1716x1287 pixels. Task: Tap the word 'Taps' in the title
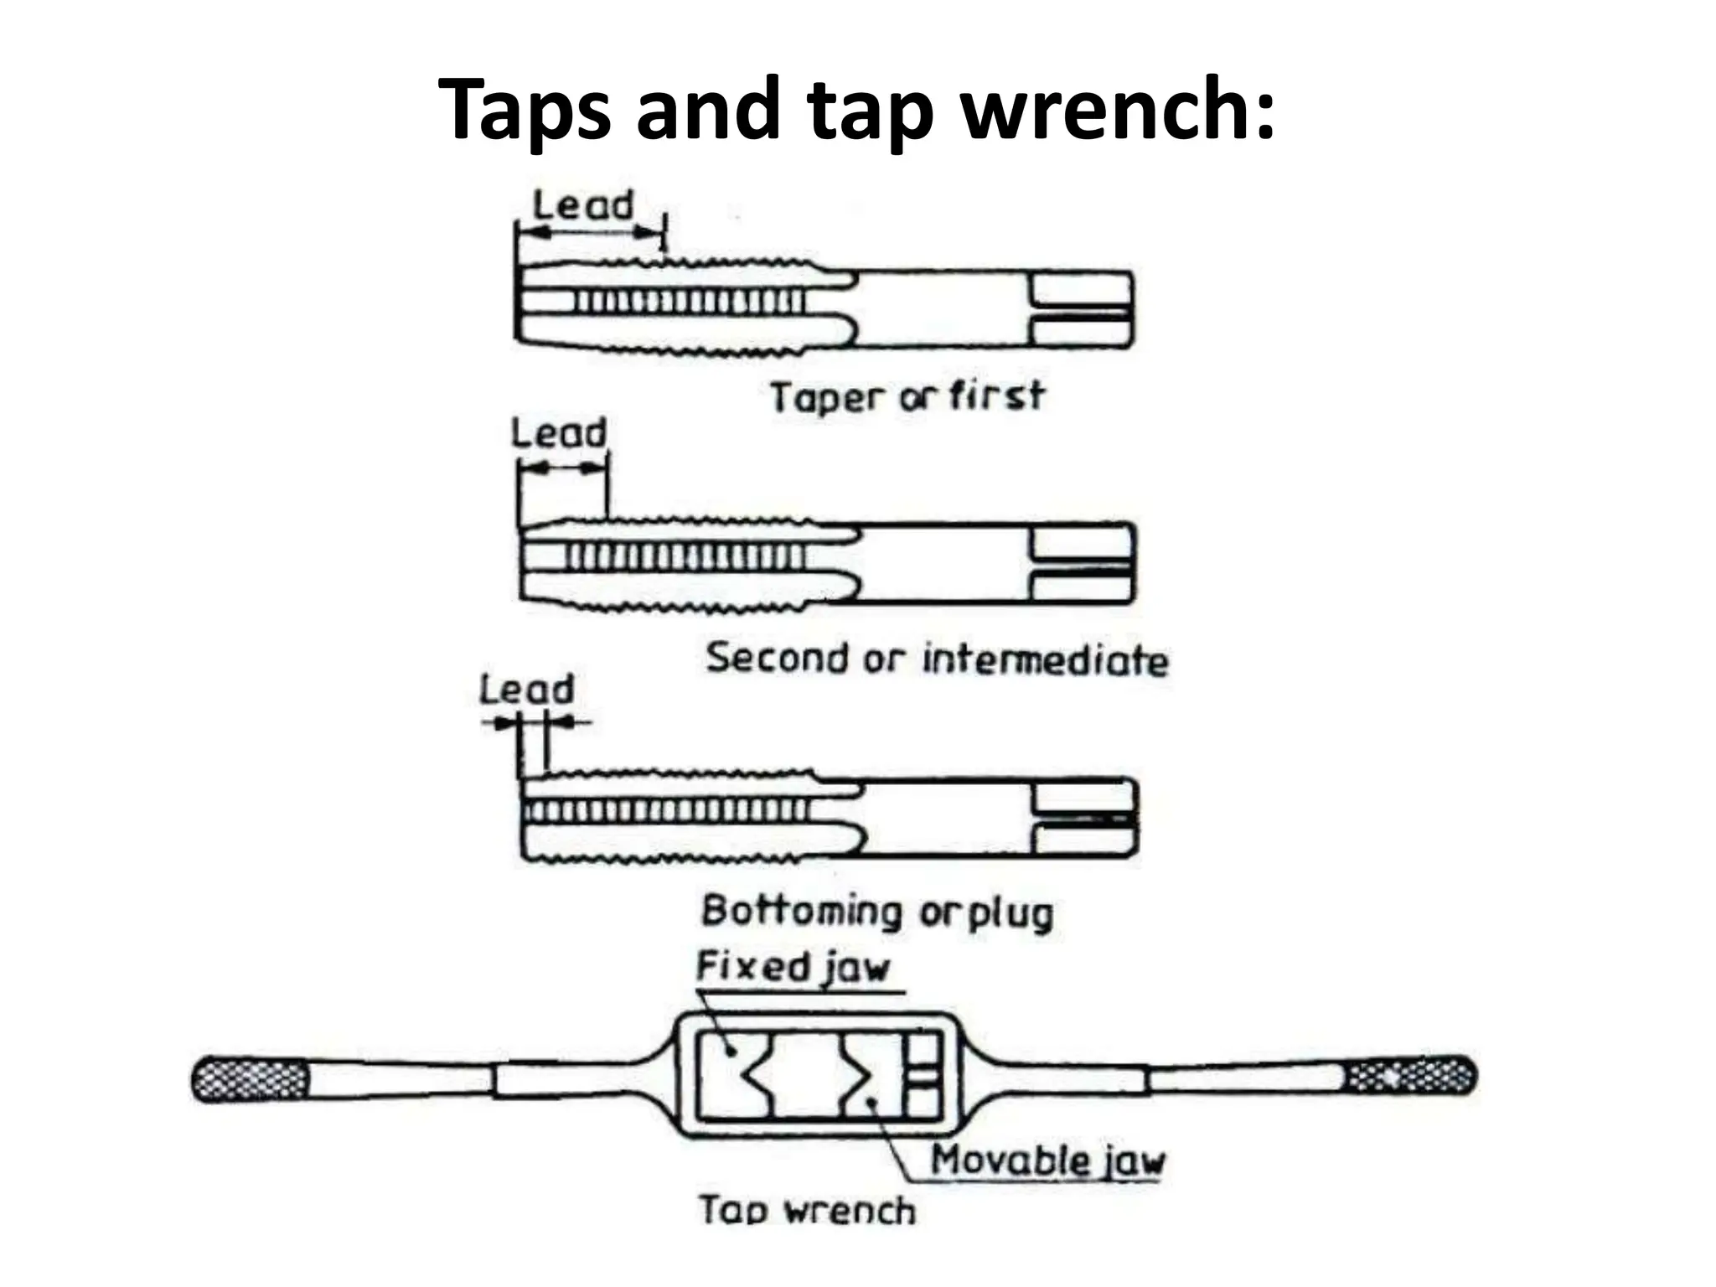525,109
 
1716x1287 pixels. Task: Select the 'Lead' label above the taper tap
583,205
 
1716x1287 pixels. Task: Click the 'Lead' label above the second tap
559,433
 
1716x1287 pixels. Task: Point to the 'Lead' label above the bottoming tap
527,690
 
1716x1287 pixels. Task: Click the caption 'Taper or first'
907,396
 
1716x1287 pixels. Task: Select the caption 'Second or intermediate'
937,659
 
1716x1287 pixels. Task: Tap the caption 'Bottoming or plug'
877,912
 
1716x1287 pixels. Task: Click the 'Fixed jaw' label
793,968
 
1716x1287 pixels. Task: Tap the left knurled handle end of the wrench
250,1079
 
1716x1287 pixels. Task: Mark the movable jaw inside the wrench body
871,1077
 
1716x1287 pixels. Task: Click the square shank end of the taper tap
1081,309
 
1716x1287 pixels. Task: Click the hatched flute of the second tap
683,556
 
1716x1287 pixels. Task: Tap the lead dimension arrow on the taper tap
591,231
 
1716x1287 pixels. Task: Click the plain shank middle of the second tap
943,562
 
